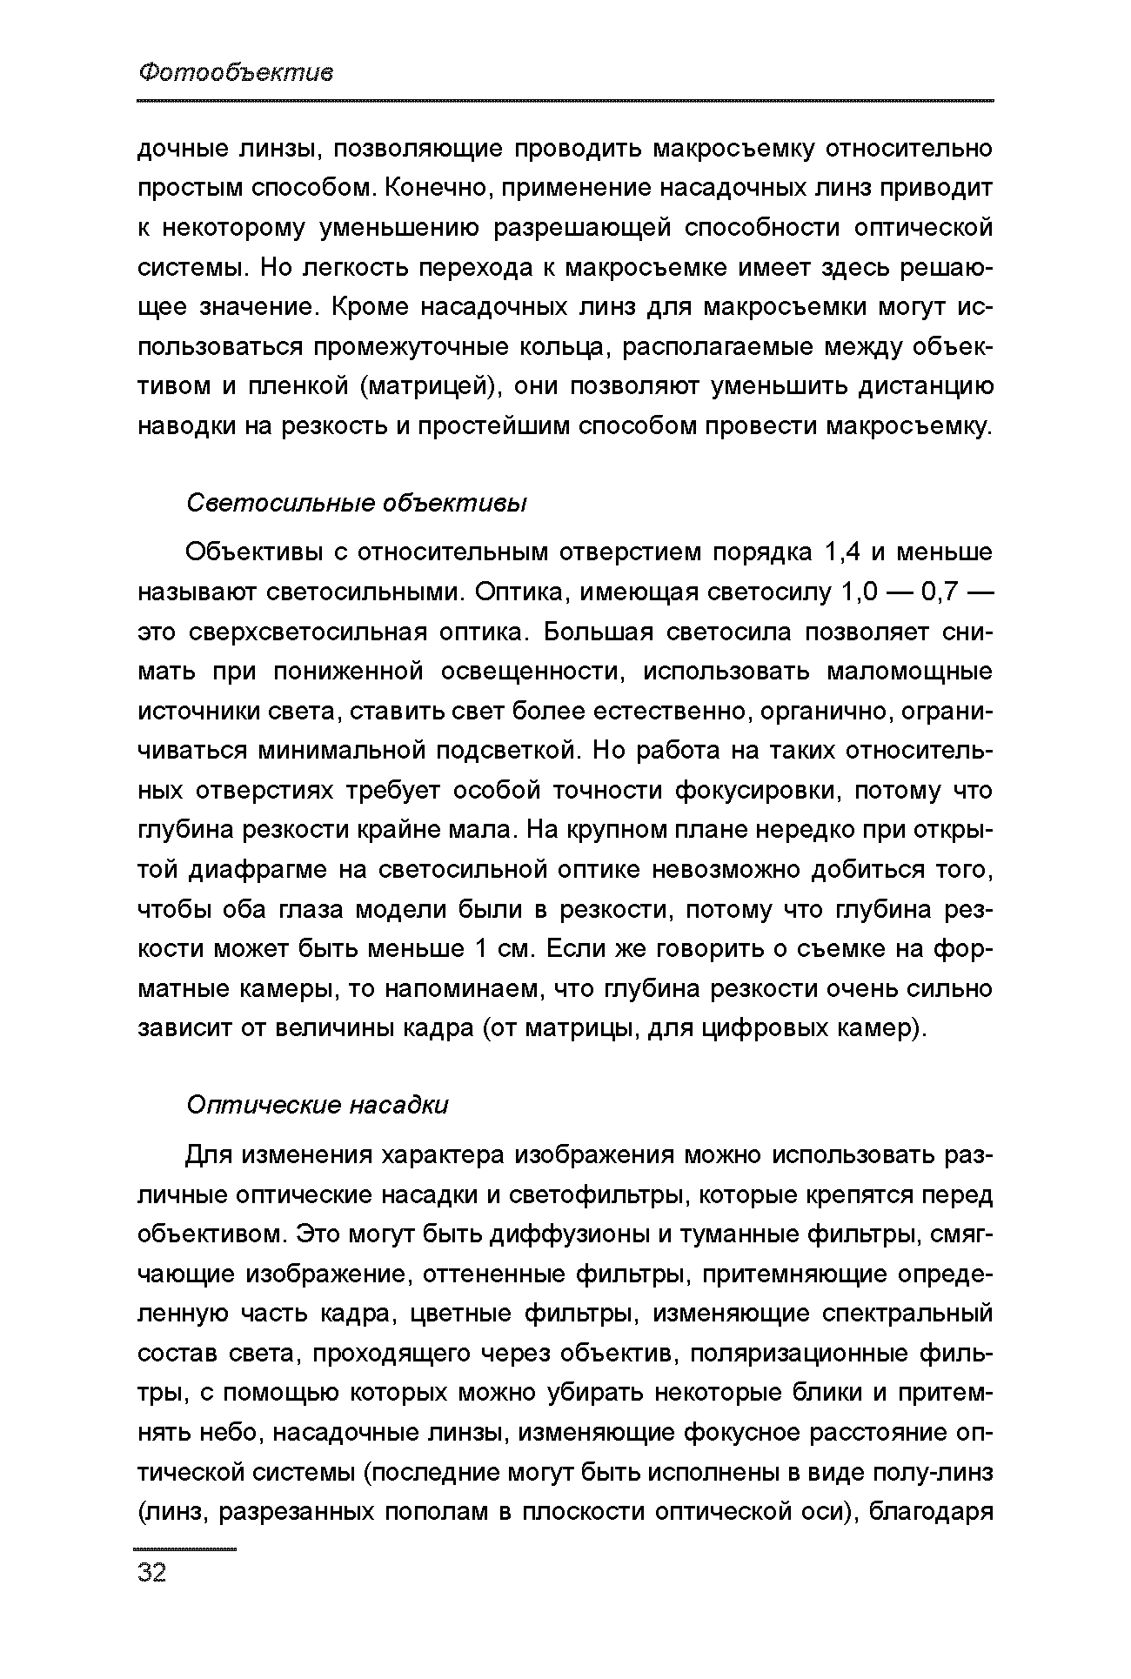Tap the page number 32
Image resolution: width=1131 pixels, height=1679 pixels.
pyautogui.click(x=151, y=1572)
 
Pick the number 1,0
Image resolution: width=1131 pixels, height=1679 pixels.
pyautogui.click(x=860, y=592)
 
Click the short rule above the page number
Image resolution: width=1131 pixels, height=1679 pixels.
pyautogui.click(x=185, y=1549)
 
